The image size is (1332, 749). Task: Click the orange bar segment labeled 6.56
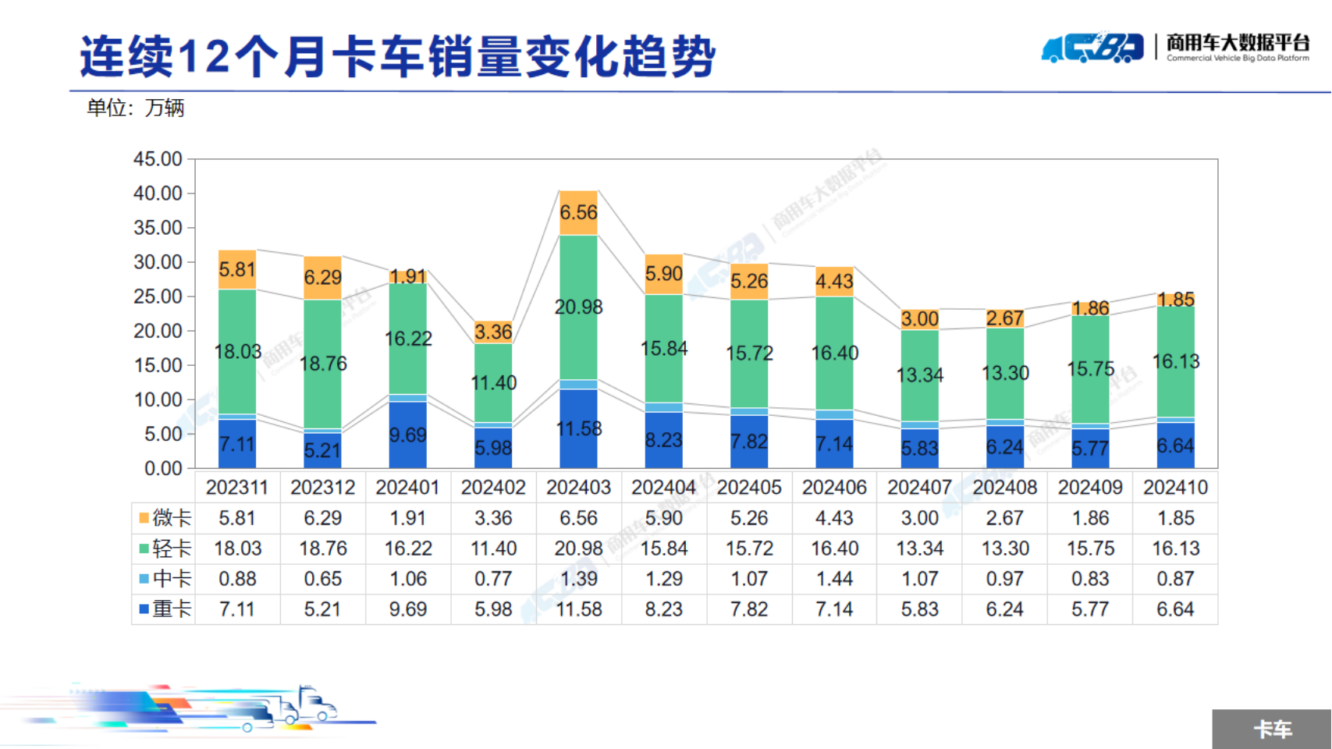click(578, 213)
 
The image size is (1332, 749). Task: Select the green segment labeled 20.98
click(578, 307)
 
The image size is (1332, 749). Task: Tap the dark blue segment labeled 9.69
click(408, 435)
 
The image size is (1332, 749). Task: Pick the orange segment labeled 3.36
click(493, 332)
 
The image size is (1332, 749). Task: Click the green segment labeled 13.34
click(919, 375)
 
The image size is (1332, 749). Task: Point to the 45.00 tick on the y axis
click(158, 159)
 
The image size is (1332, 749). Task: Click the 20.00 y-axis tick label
click(158, 331)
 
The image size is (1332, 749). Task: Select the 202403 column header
click(578, 488)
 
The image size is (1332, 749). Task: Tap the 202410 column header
click(1175, 488)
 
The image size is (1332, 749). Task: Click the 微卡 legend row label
click(165, 518)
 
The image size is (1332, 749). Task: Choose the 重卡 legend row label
click(165, 609)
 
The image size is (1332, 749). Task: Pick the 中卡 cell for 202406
click(834, 579)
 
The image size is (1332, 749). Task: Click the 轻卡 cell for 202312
click(322, 548)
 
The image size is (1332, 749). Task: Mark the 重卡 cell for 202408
click(1005, 609)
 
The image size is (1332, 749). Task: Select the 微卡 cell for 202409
click(1090, 518)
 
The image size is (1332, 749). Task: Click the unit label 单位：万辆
click(135, 108)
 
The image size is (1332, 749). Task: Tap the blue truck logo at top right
click(1092, 48)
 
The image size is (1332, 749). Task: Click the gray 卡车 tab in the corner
click(1272, 729)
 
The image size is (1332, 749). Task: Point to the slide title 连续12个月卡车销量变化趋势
click(397, 56)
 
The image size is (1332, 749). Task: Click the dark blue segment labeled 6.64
click(1175, 445)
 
